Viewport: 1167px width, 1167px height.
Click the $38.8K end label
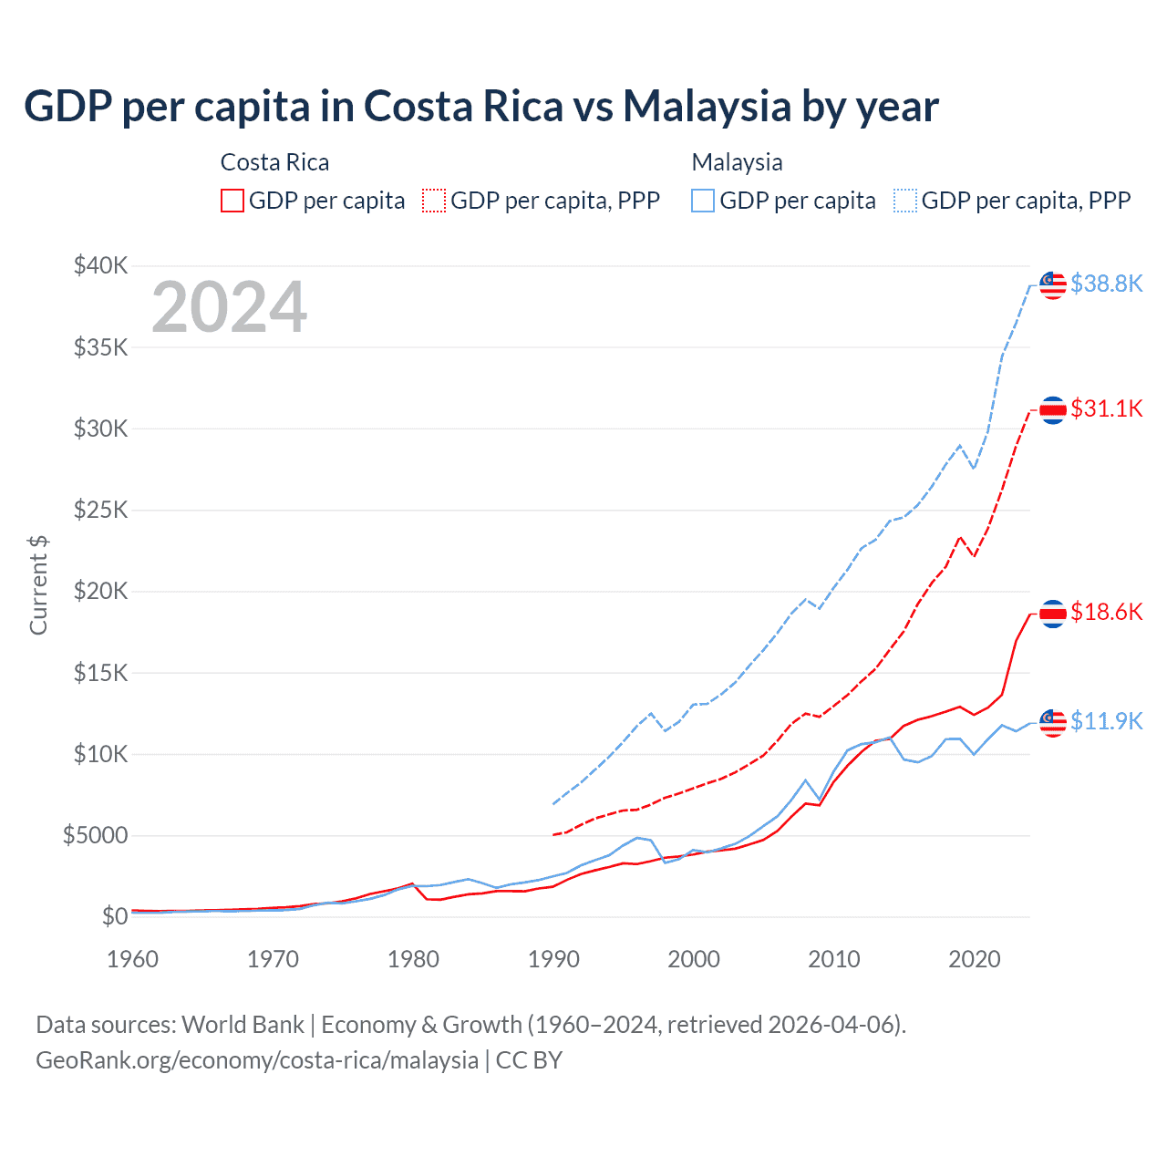[x=1106, y=284]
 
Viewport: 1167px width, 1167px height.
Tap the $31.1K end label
[x=1106, y=408]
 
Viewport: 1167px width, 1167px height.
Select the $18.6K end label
[x=1106, y=612]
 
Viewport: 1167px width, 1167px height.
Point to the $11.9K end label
[x=1106, y=721]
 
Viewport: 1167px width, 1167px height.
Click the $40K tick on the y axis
[x=101, y=266]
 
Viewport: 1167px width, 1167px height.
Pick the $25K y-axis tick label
[x=101, y=510]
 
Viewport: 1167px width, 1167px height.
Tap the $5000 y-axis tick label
[x=95, y=835]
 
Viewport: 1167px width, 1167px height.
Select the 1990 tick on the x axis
[x=553, y=959]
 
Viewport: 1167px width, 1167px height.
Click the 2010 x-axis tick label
[x=834, y=959]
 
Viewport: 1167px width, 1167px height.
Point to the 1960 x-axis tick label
[x=133, y=959]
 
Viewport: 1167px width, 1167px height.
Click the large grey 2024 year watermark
[x=229, y=307]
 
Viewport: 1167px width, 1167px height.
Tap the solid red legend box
[x=232, y=201]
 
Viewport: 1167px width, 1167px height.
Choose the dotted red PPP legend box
[x=434, y=201]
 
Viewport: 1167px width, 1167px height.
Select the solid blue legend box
[x=703, y=201]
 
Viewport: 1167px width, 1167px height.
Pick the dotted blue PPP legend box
[x=905, y=201]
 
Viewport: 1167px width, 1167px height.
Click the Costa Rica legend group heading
[x=274, y=162]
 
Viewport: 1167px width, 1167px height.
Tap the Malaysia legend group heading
[x=737, y=162]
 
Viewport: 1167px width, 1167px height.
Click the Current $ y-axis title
[x=38, y=585]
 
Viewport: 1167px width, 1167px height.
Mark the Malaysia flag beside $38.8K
[x=1053, y=284]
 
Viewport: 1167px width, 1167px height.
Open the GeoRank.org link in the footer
[x=257, y=1060]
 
